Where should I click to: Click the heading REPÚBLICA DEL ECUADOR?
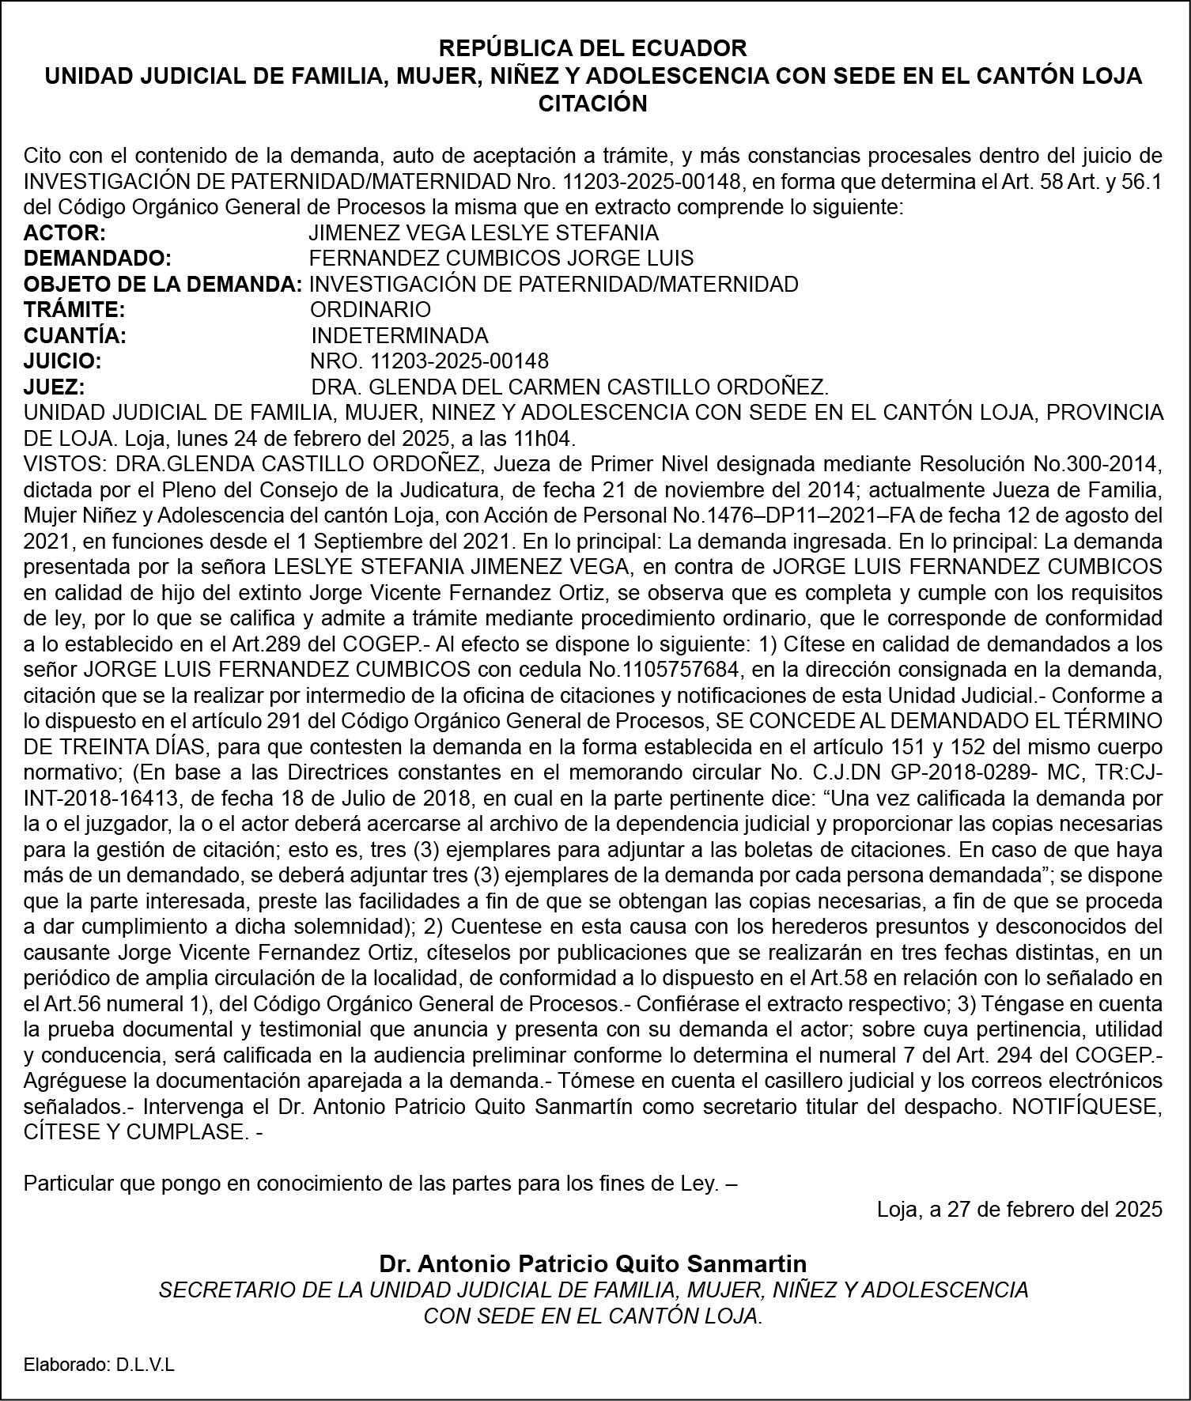click(592, 48)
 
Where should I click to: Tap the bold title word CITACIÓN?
click(592, 104)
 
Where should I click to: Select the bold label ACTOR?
click(65, 232)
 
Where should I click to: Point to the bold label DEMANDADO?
click(98, 258)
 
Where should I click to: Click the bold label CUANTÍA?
click(75, 335)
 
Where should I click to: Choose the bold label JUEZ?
click(66, 387)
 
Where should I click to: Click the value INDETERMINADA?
click(399, 335)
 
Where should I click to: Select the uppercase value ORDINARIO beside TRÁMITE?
click(370, 309)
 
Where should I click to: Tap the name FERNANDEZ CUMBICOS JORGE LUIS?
click(501, 258)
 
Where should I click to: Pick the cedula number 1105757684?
click(682, 670)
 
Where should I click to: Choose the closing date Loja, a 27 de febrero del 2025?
click(1019, 1209)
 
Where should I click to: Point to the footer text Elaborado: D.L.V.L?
click(99, 1365)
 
